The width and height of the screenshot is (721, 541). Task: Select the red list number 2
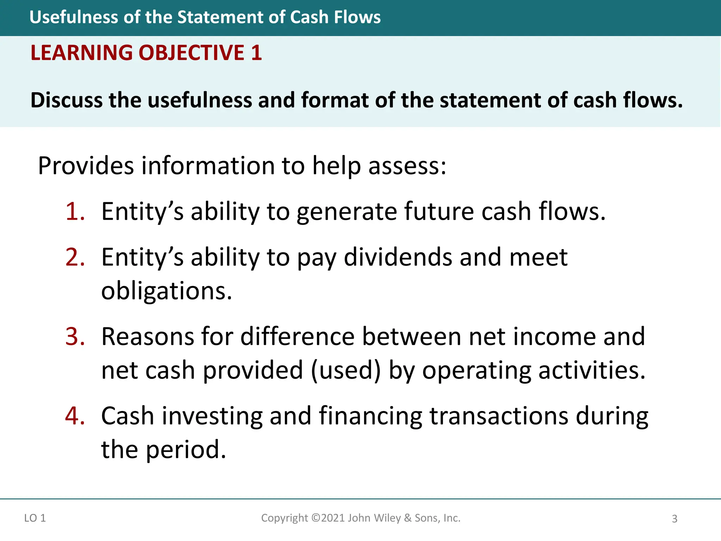point(75,257)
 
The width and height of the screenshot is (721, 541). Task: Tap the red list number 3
point(75,336)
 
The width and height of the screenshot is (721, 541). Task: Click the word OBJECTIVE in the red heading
point(192,53)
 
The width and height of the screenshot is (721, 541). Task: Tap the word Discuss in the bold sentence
point(67,100)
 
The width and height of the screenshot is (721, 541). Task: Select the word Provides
point(86,166)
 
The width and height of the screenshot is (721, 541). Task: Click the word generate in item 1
point(346,212)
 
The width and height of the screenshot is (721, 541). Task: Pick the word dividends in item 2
point(397,257)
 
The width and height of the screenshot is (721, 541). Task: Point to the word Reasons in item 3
point(148,336)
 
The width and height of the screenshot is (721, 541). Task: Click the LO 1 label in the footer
point(35,518)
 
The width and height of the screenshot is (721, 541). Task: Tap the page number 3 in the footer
point(675,519)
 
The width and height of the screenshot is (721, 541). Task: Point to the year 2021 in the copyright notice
point(333,518)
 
